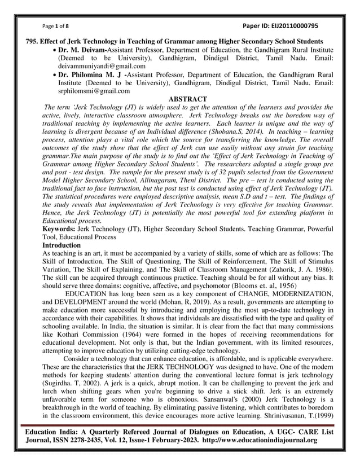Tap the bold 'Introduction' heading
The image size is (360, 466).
(x=62, y=245)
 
